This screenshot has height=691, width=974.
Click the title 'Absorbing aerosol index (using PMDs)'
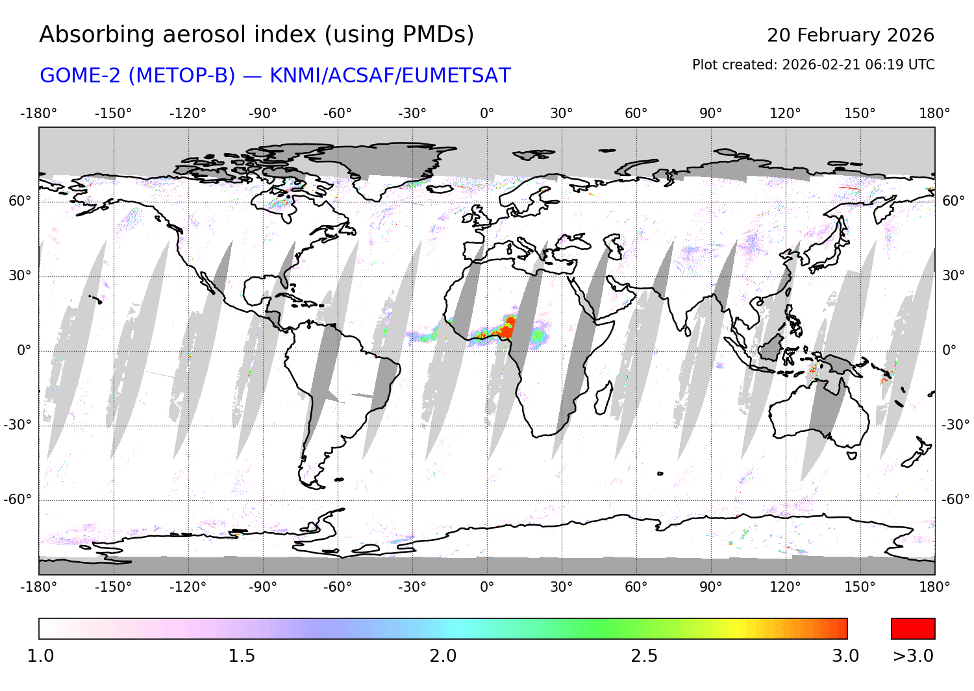tap(256, 35)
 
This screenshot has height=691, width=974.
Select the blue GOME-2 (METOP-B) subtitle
tap(275, 76)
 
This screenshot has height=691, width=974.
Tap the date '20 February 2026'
tap(850, 35)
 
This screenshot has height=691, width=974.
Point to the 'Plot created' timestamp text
tap(813, 65)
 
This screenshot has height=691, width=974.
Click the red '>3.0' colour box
tap(912, 629)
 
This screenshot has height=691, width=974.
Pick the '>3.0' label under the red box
tap(912, 656)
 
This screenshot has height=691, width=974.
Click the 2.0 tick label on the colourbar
tap(443, 656)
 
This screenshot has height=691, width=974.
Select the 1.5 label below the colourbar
tap(242, 656)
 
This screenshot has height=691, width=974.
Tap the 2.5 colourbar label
tap(644, 656)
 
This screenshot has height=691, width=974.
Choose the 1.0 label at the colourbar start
tap(40, 656)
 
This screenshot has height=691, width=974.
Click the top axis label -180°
tap(39, 114)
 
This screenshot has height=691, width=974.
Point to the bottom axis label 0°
tap(487, 587)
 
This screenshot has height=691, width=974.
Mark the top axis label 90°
tap(711, 114)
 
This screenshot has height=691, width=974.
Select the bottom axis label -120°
tap(188, 587)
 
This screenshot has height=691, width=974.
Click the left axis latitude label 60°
tap(19, 201)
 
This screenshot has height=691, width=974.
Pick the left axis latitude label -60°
tap(18, 500)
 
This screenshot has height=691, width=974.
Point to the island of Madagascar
tap(603, 398)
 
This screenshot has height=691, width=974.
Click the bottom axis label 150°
tap(860, 587)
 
